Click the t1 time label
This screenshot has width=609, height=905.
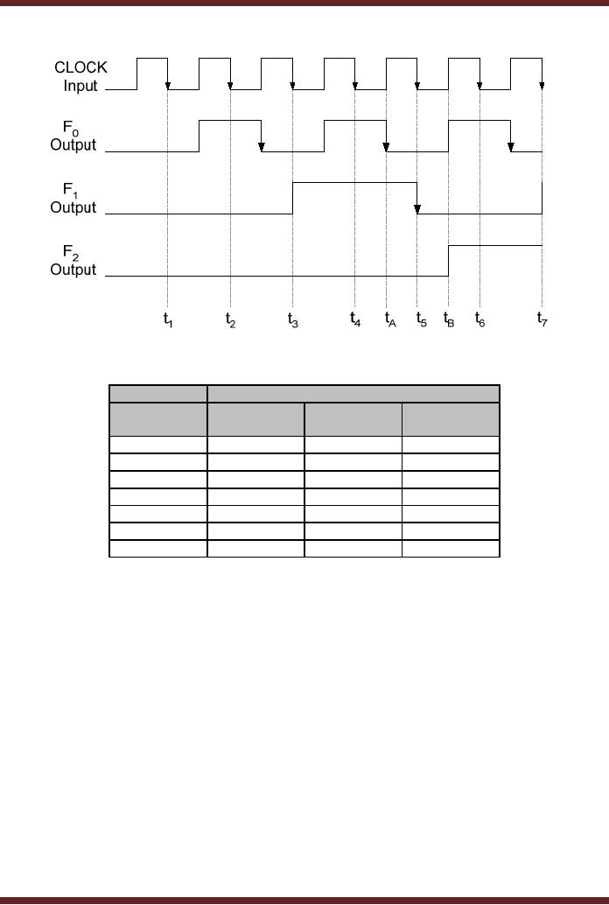coord(168,320)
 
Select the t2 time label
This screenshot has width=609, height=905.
coord(230,320)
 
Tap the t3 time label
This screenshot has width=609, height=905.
coord(293,320)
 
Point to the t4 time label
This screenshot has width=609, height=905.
coord(355,319)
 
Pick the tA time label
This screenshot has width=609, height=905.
coord(390,320)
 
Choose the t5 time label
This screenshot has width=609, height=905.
coord(421,320)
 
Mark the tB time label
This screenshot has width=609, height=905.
coord(449,320)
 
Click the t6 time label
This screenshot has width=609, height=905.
coord(479,320)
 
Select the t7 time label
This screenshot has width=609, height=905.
coord(542,319)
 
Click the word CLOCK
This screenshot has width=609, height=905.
coord(80,67)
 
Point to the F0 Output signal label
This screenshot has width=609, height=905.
coord(73,137)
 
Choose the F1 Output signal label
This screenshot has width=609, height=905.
coord(73,200)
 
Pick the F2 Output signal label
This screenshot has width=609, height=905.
coord(73,262)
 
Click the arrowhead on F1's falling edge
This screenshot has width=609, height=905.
coord(417,209)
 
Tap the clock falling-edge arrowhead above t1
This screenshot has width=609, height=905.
coord(168,85)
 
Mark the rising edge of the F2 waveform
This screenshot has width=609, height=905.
coord(449,261)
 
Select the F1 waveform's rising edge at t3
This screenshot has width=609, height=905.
coord(293,198)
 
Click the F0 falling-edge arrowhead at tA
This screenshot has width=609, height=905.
coord(386,147)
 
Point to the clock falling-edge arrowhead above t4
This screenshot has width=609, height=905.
coord(355,85)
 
